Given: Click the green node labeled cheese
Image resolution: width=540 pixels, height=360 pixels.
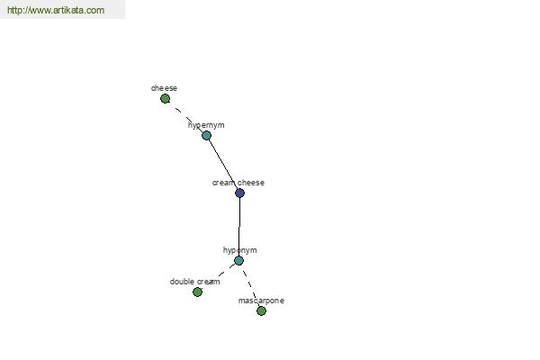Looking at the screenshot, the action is point(165,99).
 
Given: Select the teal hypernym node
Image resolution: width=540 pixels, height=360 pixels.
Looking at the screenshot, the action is point(206,135).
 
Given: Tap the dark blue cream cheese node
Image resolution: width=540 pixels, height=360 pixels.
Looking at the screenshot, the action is point(239,193).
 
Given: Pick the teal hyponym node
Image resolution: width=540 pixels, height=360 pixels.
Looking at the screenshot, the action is point(238,260).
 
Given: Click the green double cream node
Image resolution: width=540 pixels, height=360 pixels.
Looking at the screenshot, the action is point(197,292).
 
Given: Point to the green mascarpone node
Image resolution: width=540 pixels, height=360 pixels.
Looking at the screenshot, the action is point(261,311).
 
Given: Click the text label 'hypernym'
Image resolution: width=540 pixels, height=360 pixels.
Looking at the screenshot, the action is point(206,125).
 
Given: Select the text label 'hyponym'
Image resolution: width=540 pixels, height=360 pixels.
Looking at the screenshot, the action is point(239,250).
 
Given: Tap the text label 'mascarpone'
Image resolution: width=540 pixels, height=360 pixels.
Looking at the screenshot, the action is point(261,301).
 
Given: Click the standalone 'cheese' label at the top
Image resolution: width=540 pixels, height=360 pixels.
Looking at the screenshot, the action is point(164,88).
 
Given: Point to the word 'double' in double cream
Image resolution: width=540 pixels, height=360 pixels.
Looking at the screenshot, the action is point(183,282).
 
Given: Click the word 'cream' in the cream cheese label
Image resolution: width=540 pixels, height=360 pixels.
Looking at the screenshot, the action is point(224,183).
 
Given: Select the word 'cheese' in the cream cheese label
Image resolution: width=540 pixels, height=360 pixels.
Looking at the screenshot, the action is point(251,183).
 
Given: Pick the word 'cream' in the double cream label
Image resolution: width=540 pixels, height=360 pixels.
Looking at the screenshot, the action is point(209,282).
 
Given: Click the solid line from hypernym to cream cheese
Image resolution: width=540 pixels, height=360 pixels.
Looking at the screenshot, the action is point(223,163).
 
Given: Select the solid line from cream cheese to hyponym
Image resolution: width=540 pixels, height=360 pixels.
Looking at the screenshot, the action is point(239,227).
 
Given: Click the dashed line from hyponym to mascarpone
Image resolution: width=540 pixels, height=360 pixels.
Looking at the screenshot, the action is point(249,285).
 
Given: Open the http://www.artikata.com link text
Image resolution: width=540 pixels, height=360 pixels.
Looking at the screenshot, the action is point(56,10).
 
